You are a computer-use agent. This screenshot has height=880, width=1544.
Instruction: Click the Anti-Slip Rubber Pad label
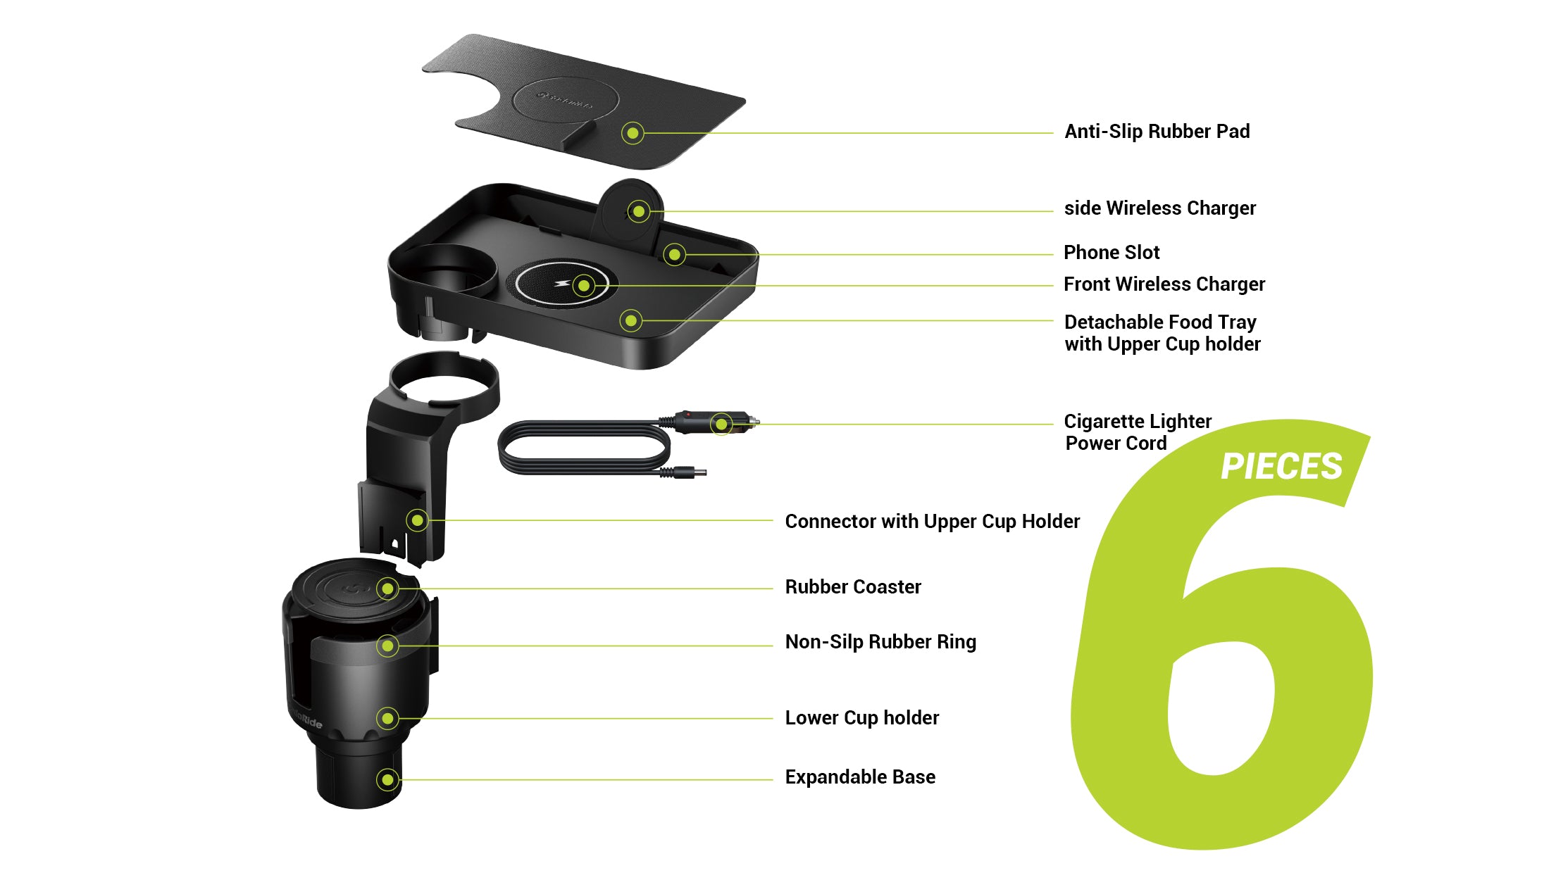pyautogui.click(x=1157, y=132)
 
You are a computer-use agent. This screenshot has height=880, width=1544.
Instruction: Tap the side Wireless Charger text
pyautogui.click(x=1159, y=208)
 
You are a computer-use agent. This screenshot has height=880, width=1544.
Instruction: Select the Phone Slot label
pyautogui.click(x=1111, y=252)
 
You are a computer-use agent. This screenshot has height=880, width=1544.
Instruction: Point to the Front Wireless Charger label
pyautogui.click(x=1164, y=284)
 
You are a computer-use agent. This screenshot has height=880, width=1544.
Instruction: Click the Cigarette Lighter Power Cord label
pyautogui.click(x=1137, y=432)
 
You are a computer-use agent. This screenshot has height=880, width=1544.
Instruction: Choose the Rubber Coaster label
pyautogui.click(x=852, y=586)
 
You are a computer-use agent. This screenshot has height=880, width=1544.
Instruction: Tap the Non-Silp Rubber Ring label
pyautogui.click(x=880, y=641)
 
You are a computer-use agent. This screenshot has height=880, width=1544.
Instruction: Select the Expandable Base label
pyautogui.click(x=859, y=777)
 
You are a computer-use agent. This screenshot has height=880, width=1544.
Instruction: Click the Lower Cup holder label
pyautogui.click(x=861, y=717)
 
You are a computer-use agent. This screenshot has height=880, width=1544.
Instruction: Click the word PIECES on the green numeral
pyautogui.click(x=1281, y=467)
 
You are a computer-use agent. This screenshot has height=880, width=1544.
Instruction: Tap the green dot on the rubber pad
pyautogui.click(x=633, y=133)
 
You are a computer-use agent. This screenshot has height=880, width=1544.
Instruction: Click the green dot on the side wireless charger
pyautogui.click(x=638, y=210)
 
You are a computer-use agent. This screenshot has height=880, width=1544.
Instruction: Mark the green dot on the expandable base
pyautogui.click(x=387, y=779)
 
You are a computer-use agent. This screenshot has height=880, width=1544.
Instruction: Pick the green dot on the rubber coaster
pyautogui.click(x=387, y=588)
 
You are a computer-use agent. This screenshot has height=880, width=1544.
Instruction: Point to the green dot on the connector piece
pyautogui.click(x=418, y=520)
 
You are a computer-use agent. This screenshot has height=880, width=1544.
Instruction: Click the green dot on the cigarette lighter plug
pyautogui.click(x=721, y=424)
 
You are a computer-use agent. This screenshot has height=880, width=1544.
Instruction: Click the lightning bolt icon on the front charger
pyautogui.click(x=562, y=284)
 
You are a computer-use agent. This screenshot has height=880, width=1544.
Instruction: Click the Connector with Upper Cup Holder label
pyautogui.click(x=931, y=521)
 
